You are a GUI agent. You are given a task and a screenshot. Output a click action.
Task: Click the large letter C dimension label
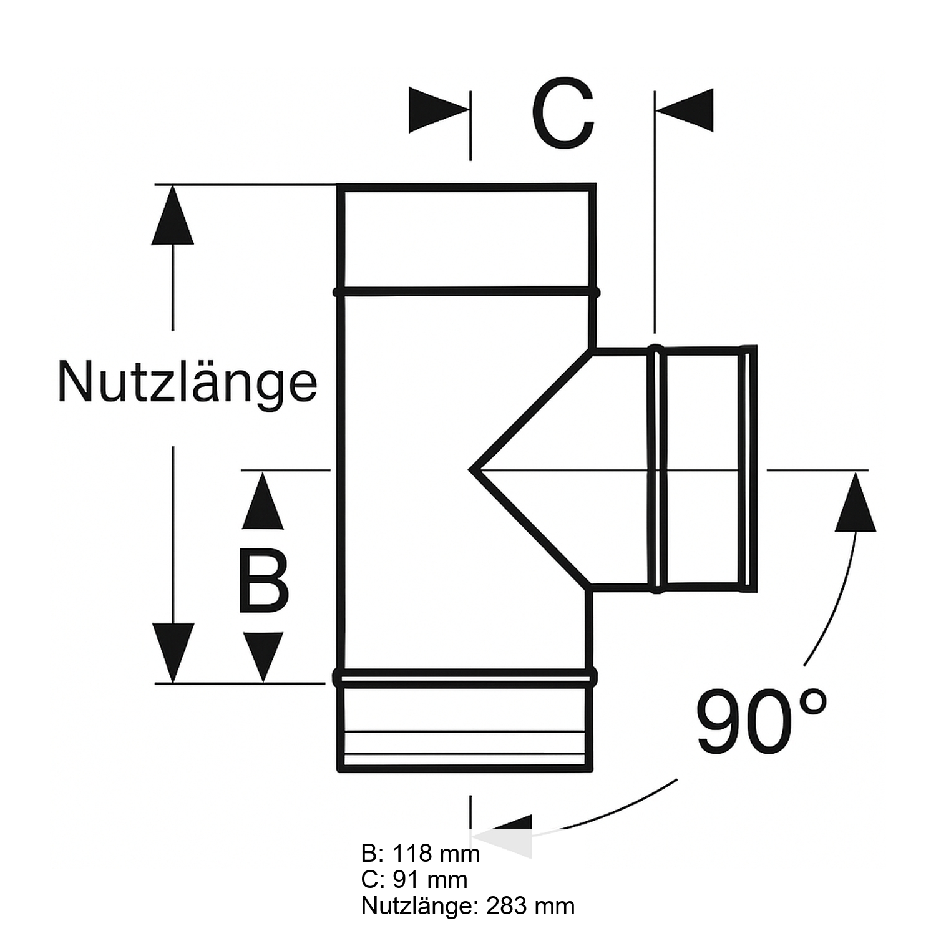coord(563,114)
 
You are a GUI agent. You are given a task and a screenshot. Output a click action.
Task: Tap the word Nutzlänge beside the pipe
coord(187,383)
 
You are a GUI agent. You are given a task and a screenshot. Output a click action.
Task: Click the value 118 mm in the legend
coord(436,854)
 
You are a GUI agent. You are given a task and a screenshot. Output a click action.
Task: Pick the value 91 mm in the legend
coord(431,880)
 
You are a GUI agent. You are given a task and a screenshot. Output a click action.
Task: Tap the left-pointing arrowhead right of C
coord(685,110)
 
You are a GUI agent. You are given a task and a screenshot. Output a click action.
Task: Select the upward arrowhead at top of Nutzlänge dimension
coord(173,215)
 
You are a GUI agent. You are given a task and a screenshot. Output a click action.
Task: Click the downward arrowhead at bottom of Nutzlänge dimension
coord(173,652)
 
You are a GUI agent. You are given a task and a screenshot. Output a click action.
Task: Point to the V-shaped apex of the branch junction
coord(472,469)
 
